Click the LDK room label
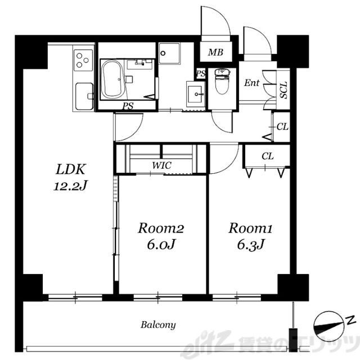pos(71,169)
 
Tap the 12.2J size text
pos(71,186)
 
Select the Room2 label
pos(161,228)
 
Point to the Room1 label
pos(250,228)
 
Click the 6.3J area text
pos(251,245)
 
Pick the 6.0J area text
pos(161,245)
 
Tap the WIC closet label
pos(161,165)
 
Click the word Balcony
pos(158,325)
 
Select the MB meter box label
pos(215,52)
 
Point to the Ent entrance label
pos(251,83)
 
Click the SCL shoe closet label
pos(283,90)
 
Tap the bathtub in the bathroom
pos(112,79)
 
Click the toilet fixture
pos(222,82)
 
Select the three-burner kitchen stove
pos(83,60)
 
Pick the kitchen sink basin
pos(84,96)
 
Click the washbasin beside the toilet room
pos(196,94)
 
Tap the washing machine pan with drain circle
pos(169,53)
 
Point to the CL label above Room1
pos(268,156)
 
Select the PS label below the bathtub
pos(128,106)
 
